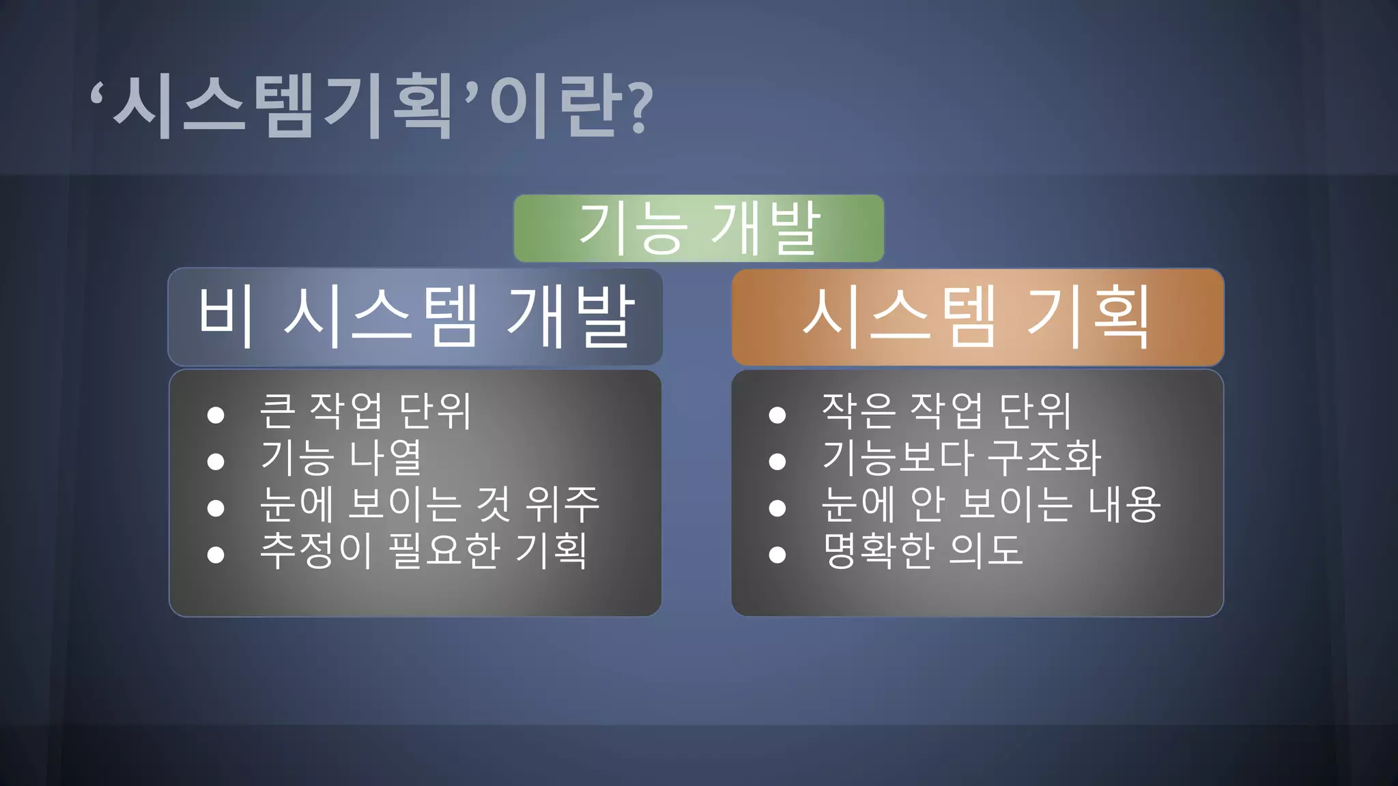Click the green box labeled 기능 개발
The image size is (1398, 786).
(698, 228)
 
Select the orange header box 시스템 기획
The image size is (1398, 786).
(977, 317)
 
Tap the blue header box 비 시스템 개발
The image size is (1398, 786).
(415, 317)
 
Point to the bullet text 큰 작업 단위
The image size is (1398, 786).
(365, 411)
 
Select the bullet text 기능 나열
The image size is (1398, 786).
(341, 458)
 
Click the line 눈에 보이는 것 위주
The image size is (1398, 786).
(429, 504)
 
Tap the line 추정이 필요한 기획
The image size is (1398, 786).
(423, 551)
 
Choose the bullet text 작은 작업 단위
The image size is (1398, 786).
(946, 411)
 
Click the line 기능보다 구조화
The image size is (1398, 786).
(961, 458)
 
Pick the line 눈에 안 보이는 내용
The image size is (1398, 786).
(990, 504)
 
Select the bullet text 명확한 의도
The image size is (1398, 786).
(922, 551)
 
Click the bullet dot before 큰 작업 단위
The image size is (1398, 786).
(216, 415)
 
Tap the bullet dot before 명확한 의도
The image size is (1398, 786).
(777, 555)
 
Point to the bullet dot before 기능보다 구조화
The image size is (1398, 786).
(777, 462)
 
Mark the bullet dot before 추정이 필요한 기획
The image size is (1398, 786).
(216, 555)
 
